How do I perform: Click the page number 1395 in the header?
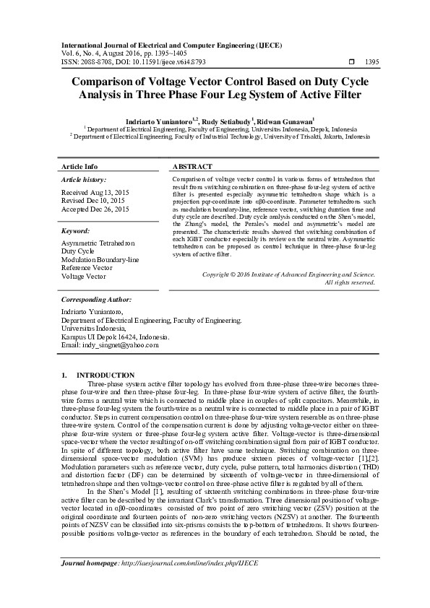(x=373, y=62)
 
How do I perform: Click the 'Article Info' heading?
(x=79, y=166)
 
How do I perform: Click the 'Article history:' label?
(x=84, y=179)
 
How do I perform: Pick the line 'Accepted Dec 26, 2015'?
(x=95, y=209)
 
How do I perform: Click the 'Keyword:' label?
(x=76, y=231)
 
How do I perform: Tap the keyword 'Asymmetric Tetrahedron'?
(x=98, y=244)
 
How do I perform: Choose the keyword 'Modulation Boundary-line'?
(x=100, y=260)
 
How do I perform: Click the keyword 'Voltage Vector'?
(x=84, y=276)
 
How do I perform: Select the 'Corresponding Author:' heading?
(x=95, y=299)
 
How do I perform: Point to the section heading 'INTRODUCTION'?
(x=106, y=375)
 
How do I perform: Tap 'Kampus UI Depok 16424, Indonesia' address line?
(x=116, y=336)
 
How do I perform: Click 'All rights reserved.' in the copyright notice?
(x=350, y=282)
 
